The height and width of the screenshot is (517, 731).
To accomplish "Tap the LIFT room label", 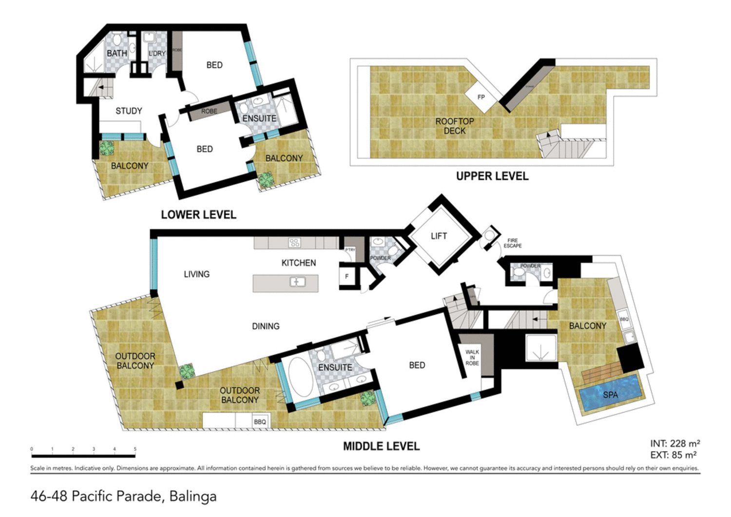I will tap(439, 236).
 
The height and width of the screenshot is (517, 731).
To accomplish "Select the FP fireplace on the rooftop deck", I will tap(481, 97).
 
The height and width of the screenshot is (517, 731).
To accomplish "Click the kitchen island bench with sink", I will tap(286, 283).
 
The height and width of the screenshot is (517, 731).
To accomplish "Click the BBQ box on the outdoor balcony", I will tap(260, 421).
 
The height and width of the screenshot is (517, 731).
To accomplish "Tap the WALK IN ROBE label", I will tap(472, 358).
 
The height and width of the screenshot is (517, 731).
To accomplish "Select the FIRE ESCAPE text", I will tap(512, 243).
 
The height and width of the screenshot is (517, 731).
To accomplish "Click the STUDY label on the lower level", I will tap(129, 111).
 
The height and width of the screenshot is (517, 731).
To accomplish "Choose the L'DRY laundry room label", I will tap(157, 53).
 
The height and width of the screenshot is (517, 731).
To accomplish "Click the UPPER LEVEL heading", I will tap(492, 176).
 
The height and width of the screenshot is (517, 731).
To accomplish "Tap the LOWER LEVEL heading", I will tap(198, 215).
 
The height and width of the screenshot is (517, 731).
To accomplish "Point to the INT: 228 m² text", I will tap(674, 443).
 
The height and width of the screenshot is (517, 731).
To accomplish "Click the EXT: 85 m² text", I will tap(673, 455).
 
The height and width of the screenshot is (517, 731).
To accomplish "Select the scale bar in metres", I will tap(83, 456).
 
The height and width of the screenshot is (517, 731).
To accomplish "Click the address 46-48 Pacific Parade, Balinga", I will tap(123, 497).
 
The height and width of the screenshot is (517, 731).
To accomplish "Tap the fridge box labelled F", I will tap(347, 277).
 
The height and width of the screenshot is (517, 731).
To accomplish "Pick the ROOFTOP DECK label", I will tap(454, 126).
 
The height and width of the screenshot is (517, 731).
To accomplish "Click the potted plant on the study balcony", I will tap(107, 148).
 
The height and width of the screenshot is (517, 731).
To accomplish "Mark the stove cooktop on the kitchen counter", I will tap(294, 242).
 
